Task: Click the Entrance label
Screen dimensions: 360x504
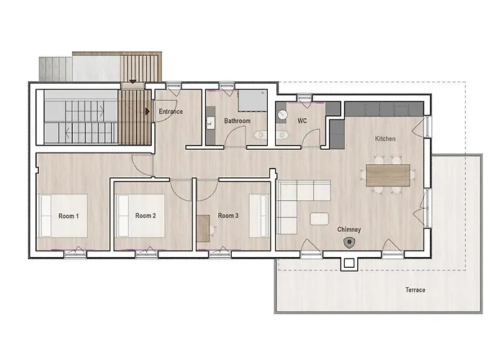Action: click(171, 112)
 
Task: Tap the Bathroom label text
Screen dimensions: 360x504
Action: click(237, 121)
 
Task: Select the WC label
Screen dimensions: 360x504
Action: click(302, 121)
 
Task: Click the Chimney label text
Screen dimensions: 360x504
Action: click(349, 230)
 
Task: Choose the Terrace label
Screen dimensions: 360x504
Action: click(415, 290)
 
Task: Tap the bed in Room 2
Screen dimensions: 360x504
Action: click(145, 215)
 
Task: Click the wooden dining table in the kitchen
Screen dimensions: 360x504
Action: click(388, 175)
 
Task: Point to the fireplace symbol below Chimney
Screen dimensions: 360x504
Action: click(350, 243)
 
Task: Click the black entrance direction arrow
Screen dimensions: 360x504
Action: click(148, 112)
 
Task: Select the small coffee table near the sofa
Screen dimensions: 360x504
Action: click(318, 218)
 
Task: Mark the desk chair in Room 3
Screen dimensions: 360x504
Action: click(215, 230)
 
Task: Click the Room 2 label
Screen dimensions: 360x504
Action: click(145, 215)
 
